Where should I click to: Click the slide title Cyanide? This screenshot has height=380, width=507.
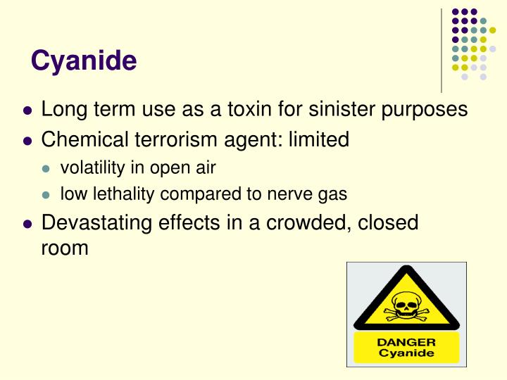click(x=84, y=61)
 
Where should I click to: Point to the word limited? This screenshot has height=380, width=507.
click(x=318, y=139)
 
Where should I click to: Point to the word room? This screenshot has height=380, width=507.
click(x=65, y=248)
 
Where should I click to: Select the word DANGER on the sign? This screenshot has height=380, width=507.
click(x=407, y=343)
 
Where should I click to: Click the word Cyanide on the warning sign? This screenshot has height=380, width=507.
click(x=407, y=353)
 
